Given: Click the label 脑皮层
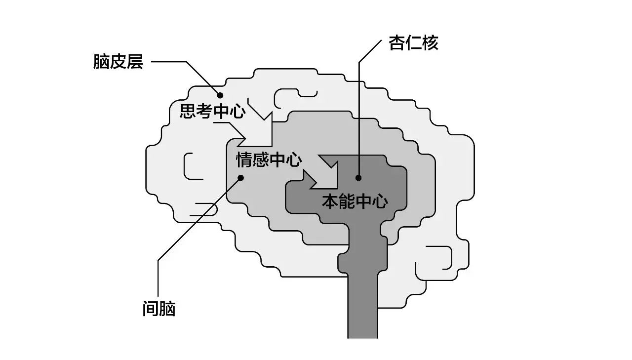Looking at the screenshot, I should pyautogui.click(x=118, y=63).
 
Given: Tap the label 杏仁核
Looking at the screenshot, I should pyautogui.click(x=413, y=44).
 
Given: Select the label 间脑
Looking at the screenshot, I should pyautogui.click(x=158, y=309).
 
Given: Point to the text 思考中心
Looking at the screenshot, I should pyautogui.click(x=212, y=112).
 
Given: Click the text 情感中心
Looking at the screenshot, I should pyautogui.click(x=269, y=160).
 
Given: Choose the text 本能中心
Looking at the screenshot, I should pyautogui.click(x=355, y=201).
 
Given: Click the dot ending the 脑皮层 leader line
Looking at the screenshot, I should pyautogui.click(x=220, y=95).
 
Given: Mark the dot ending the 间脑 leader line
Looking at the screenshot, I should pyautogui.click(x=241, y=178).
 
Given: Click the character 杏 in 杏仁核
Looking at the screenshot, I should pyautogui.click(x=397, y=44).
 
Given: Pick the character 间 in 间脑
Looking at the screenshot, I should pyautogui.click(x=150, y=309).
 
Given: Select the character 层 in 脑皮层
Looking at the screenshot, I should pyautogui.click(x=135, y=63).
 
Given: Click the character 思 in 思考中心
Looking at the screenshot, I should pyautogui.click(x=188, y=112).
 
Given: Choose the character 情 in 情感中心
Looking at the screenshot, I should pyautogui.click(x=244, y=160).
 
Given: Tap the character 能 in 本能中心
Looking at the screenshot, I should pyautogui.click(x=347, y=201).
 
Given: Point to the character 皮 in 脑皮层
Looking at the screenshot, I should pyautogui.click(x=118, y=63).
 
